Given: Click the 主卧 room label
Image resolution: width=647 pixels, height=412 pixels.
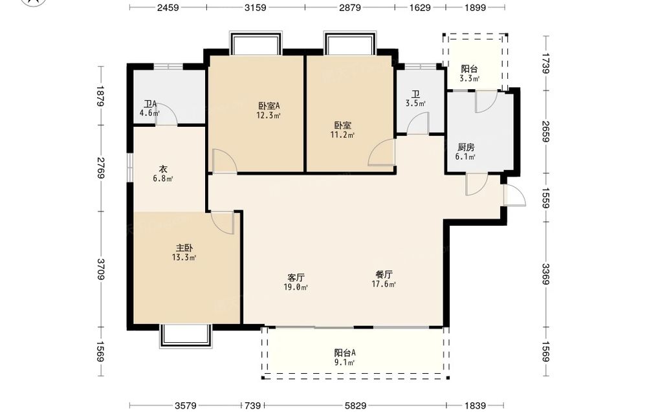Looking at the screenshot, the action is pyautogui.click(x=184, y=248).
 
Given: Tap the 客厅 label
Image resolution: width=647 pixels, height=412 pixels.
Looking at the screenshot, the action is pyautogui.click(x=296, y=277).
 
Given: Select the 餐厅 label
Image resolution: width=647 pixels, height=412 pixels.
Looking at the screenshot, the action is pyautogui.click(x=384, y=274).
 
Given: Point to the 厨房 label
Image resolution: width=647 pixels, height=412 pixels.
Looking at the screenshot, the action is pyautogui.click(x=466, y=147).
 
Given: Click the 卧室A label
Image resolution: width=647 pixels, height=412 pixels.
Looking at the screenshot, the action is pyautogui.click(x=269, y=106).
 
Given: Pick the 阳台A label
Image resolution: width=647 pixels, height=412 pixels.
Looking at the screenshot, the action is pyautogui.click(x=345, y=353).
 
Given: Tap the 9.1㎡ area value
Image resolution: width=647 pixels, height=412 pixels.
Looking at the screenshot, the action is pyautogui.click(x=345, y=363).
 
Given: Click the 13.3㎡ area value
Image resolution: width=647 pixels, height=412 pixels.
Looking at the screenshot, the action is pyautogui.click(x=184, y=258).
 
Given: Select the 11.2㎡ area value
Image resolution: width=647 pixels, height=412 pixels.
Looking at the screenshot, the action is pyautogui.click(x=342, y=135).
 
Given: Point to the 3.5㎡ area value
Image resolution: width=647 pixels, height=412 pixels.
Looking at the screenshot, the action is pyautogui.click(x=415, y=103).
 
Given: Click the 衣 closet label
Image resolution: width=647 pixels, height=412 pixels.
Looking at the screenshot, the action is pyautogui.click(x=163, y=169).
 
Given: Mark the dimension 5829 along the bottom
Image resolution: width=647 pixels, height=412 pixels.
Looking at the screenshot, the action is pyautogui.click(x=355, y=406).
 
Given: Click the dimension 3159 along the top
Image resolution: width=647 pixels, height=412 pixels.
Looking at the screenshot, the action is pyautogui.click(x=256, y=7).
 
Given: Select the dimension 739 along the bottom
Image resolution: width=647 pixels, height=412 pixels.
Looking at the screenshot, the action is pyautogui.click(x=252, y=406).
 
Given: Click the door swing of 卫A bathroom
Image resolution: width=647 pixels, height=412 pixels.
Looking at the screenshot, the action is pyautogui.click(x=167, y=114).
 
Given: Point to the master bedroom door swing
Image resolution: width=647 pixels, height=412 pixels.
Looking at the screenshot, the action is pyautogui.click(x=223, y=222).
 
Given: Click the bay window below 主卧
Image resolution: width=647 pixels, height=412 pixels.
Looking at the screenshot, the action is pyautogui.click(x=186, y=336).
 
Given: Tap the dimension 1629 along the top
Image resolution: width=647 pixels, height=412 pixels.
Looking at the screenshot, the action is pyautogui.click(x=420, y=7).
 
